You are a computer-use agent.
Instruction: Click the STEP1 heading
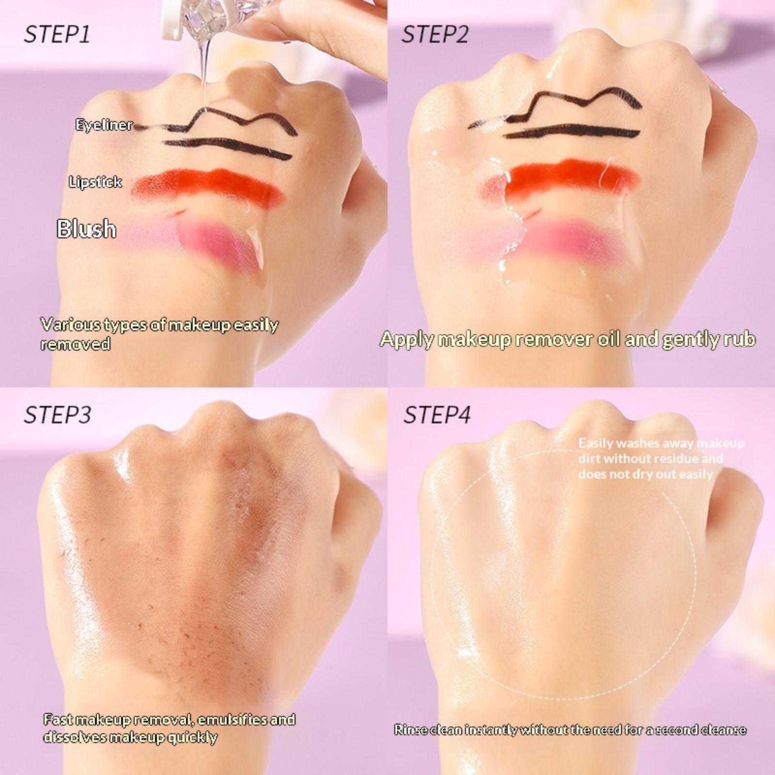pyautogui.click(x=57, y=35)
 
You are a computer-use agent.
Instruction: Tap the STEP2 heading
pyautogui.click(x=435, y=35)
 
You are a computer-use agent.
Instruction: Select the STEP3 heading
pyautogui.click(x=57, y=415)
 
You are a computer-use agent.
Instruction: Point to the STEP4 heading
pyautogui.click(x=437, y=415)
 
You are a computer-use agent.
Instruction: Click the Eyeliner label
pyautogui.click(x=104, y=124)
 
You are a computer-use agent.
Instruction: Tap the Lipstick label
pyautogui.click(x=95, y=182)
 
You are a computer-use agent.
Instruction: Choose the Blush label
pyautogui.click(x=86, y=229)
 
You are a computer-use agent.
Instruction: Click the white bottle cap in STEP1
pyautogui.click(x=170, y=22)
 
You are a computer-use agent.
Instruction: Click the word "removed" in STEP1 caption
pyautogui.click(x=75, y=344)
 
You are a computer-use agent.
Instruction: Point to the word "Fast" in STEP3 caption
pyautogui.click(x=59, y=719)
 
